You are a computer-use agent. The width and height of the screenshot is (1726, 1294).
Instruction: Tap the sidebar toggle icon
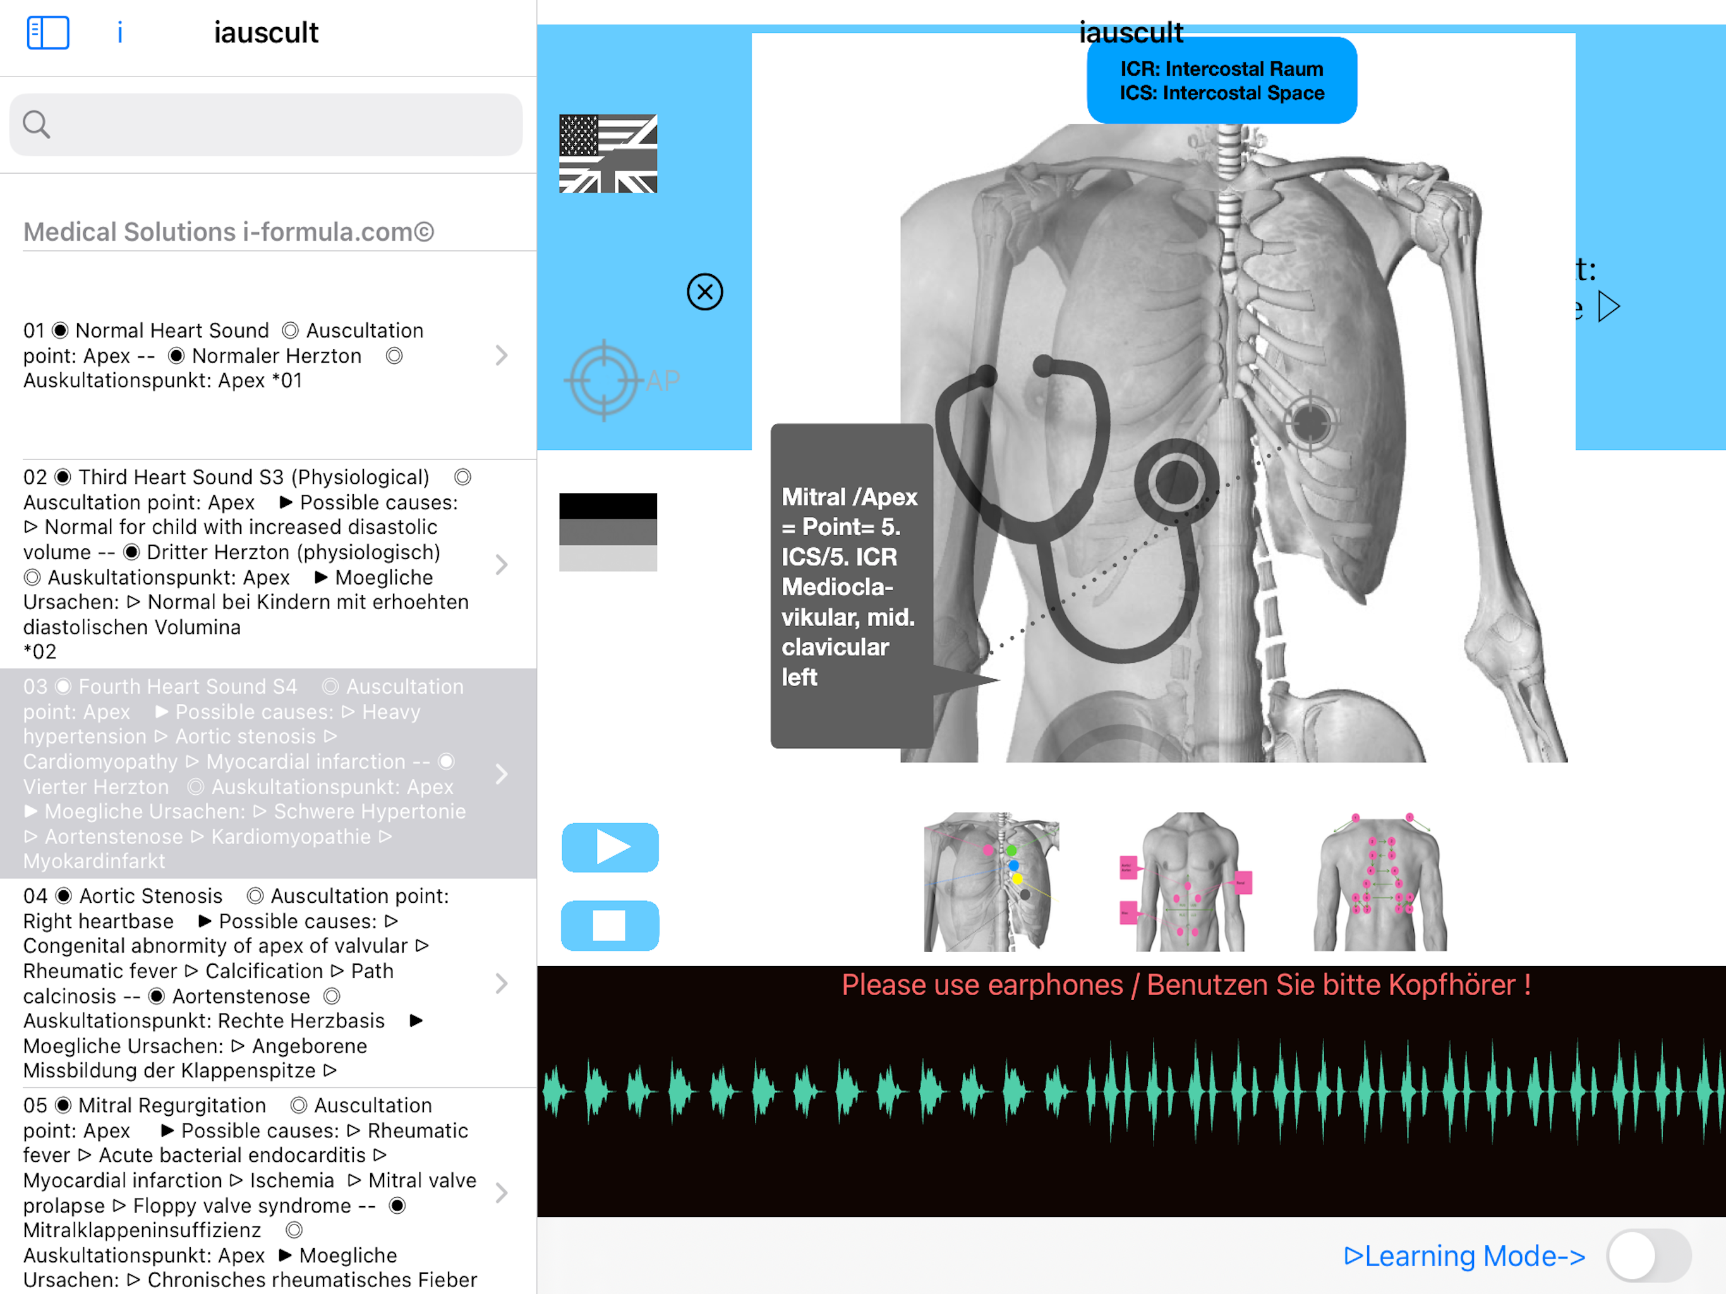click(x=47, y=33)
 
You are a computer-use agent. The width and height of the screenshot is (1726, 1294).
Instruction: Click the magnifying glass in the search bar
click(x=36, y=124)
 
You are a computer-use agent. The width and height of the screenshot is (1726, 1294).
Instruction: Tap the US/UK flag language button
click(x=608, y=154)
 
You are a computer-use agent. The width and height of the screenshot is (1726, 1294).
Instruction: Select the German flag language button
click(x=608, y=531)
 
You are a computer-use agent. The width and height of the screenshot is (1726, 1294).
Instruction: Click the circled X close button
click(x=704, y=292)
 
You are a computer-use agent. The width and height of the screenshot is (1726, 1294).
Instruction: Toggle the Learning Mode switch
click(x=1647, y=1255)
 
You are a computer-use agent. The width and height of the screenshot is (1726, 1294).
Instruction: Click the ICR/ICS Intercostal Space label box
click(x=1221, y=80)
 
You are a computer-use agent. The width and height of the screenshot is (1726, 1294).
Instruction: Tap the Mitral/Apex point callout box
click(x=851, y=585)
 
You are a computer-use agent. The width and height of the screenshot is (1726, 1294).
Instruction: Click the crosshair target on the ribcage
click(x=1310, y=422)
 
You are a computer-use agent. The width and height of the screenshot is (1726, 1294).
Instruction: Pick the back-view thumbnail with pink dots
click(x=1380, y=881)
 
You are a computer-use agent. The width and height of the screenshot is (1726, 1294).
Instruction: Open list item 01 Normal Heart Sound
click(x=250, y=355)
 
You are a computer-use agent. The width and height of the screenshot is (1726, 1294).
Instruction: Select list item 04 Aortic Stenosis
click(x=250, y=983)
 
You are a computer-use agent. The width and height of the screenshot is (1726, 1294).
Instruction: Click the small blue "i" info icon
click(x=119, y=33)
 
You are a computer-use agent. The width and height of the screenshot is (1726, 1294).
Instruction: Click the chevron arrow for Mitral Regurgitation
click(x=502, y=1192)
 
